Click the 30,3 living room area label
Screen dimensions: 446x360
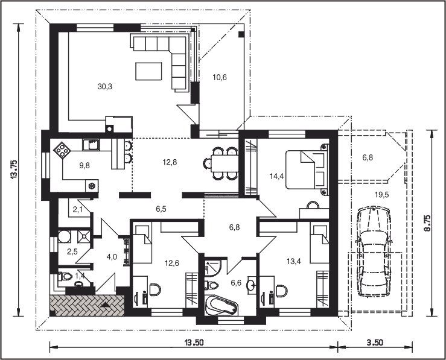click(x=105, y=87)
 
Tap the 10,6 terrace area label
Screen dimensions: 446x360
click(x=220, y=77)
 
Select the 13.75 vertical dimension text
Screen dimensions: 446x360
click(x=14, y=169)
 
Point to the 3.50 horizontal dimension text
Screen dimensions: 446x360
click(x=375, y=343)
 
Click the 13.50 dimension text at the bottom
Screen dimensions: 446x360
click(x=194, y=343)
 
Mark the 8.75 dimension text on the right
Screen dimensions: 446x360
click(x=427, y=223)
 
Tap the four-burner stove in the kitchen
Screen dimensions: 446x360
click(x=62, y=149)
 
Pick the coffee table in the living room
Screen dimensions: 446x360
click(x=148, y=71)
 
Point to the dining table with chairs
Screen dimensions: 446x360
click(x=221, y=163)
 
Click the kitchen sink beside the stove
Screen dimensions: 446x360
click(x=91, y=145)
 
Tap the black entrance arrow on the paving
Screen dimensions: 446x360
click(x=105, y=305)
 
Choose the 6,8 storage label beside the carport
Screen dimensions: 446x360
click(x=368, y=157)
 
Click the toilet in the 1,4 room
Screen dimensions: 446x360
click(x=64, y=276)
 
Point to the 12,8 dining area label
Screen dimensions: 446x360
click(x=170, y=162)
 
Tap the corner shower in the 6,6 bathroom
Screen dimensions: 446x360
click(x=212, y=267)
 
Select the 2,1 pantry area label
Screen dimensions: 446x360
click(x=78, y=210)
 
